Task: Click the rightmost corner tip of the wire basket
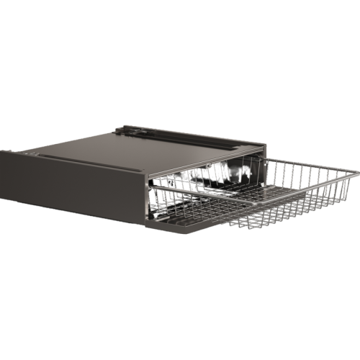pos(356,174)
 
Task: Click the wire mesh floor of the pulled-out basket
pos(288,202)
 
